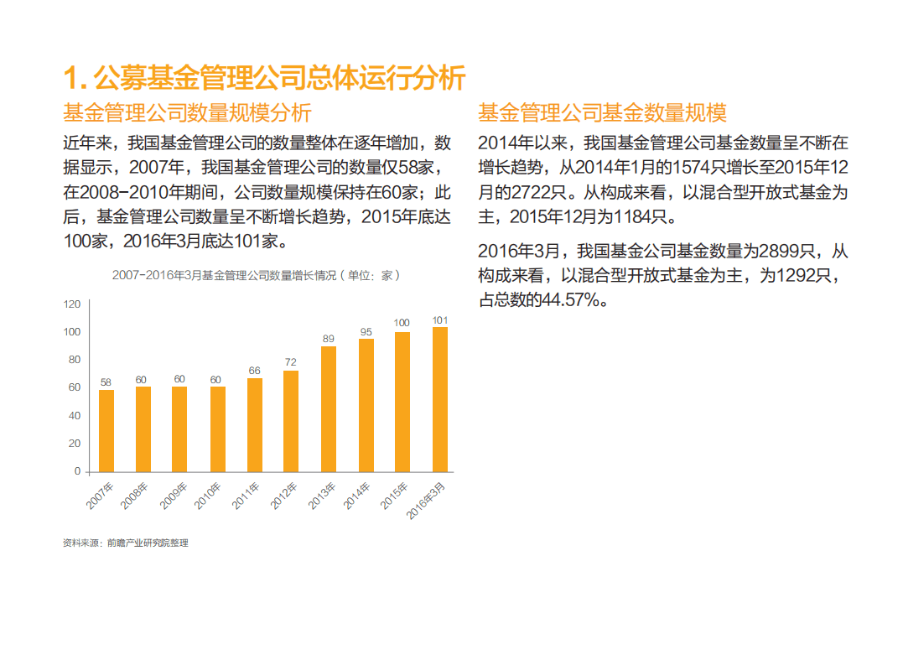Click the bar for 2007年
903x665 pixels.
click(x=106, y=430)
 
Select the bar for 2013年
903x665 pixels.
click(x=329, y=408)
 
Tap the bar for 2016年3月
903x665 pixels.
click(x=439, y=399)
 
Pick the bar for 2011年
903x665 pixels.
click(x=255, y=424)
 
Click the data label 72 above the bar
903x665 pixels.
click(x=291, y=362)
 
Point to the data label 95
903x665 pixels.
click(x=366, y=331)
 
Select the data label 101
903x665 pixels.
click(x=439, y=320)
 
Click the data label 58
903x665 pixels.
click(x=106, y=382)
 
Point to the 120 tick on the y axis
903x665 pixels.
click(x=72, y=304)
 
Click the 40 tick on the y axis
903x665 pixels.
click(x=75, y=416)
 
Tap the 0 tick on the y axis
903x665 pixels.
click(x=77, y=471)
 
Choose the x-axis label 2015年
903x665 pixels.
click(x=394, y=496)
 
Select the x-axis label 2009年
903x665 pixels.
click(x=173, y=496)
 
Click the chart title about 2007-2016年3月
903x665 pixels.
click(x=257, y=274)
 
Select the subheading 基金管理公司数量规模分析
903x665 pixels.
click(x=187, y=112)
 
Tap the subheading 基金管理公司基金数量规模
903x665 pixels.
click(x=602, y=112)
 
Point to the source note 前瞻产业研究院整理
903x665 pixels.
click(x=147, y=543)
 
